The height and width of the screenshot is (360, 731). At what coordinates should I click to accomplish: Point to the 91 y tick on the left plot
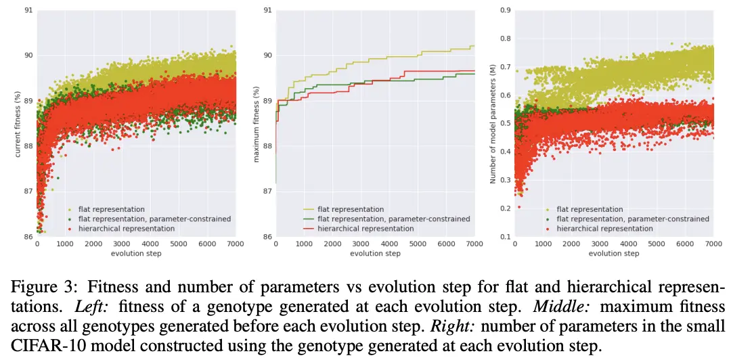[x=29, y=10]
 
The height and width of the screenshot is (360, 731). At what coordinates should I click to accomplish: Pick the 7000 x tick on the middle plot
[x=474, y=244]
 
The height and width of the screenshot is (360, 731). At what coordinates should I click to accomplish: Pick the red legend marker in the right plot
[x=548, y=229]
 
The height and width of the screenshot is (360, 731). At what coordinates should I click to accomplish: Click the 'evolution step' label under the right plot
[x=614, y=254]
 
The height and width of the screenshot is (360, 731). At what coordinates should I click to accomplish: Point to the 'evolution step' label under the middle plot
[x=375, y=254]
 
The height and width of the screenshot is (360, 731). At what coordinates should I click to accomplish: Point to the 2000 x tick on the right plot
[x=570, y=244]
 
